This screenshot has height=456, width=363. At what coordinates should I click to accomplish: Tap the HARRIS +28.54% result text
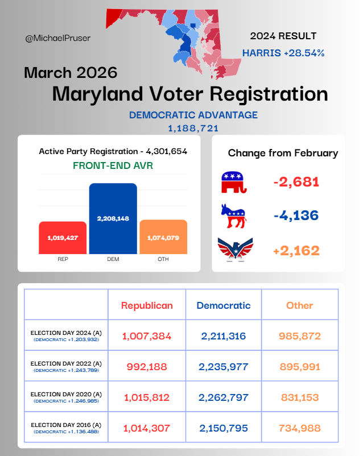point(283,53)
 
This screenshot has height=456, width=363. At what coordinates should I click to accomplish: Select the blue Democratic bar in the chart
point(113,219)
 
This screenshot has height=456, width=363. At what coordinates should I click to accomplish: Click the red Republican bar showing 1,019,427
point(63,238)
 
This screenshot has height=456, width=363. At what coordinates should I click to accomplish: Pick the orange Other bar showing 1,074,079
point(163,237)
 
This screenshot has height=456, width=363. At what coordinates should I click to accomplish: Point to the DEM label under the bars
point(113,259)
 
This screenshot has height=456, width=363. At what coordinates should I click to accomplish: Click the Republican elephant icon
point(234,182)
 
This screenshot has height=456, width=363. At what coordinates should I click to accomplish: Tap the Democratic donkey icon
point(233,215)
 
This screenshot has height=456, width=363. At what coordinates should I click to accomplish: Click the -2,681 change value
point(296,183)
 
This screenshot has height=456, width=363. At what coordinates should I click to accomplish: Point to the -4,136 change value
point(296,215)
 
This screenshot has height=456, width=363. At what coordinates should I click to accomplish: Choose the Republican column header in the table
point(147,305)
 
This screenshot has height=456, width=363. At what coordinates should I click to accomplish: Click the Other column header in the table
point(300,305)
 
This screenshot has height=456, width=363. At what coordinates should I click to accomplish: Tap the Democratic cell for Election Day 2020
point(224,397)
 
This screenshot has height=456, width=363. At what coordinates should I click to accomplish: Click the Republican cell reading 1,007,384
point(147,336)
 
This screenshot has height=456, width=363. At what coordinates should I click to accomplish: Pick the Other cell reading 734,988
point(300,428)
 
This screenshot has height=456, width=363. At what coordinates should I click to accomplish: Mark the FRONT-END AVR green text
point(113,166)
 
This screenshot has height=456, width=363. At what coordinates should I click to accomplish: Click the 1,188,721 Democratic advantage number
point(193,128)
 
